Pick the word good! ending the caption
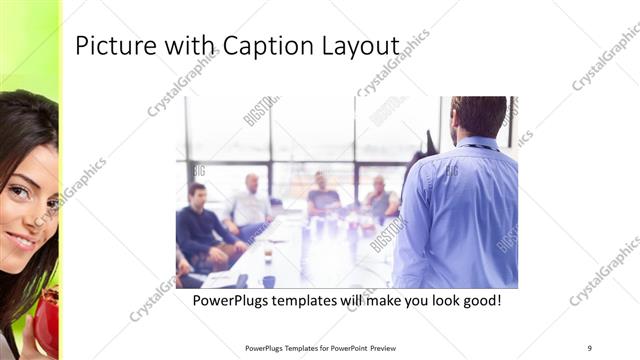478,300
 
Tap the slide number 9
590,348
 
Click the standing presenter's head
477,118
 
